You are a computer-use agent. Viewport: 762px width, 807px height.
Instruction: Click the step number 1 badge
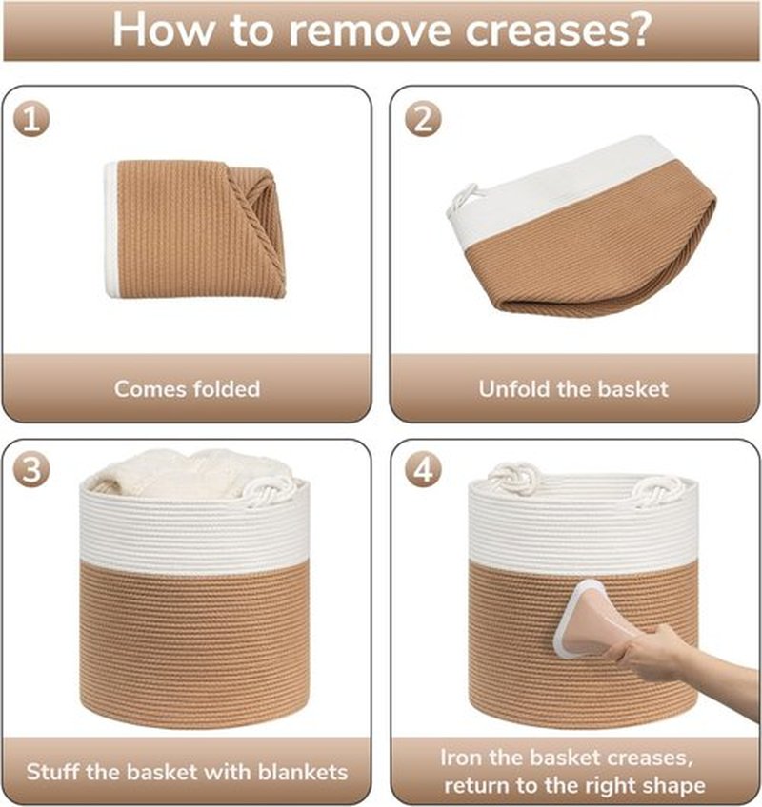(32, 119)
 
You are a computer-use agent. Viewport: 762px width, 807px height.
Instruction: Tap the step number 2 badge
(423, 119)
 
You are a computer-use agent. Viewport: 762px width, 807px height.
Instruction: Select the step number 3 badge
(32, 470)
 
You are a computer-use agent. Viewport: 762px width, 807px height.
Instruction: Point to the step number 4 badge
(423, 470)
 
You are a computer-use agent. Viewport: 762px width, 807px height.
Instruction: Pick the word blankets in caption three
(303, 772)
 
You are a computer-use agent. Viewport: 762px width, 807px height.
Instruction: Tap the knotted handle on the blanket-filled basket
(270, 491)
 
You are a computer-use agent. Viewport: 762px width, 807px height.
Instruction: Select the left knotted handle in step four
(513, 478)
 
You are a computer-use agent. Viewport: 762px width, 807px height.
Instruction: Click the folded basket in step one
(194, 229)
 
